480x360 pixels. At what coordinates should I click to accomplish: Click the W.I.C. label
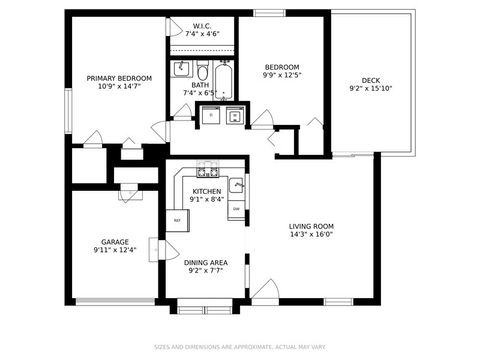(201, 25)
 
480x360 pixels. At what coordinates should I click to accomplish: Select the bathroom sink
(182, 69)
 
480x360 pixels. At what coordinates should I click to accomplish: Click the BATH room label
(200, 86)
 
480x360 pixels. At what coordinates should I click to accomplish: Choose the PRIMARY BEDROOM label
(119, 78)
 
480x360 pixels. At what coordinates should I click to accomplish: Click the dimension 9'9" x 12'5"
(281, 75)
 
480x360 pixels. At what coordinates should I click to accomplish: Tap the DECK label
(371, 80)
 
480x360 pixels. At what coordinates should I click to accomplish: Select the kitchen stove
(207, 170)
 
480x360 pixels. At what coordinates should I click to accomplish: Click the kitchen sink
(236, 185)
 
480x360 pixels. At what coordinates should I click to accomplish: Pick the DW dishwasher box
(236, 208)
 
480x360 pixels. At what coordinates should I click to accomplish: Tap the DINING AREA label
(204, 262)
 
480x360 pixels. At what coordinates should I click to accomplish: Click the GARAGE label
(114, 241)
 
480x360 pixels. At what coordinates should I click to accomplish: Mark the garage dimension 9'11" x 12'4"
(114, 250)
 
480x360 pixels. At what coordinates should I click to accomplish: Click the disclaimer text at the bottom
(240, 348)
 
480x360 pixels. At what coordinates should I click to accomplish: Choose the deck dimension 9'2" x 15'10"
(371, 89)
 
